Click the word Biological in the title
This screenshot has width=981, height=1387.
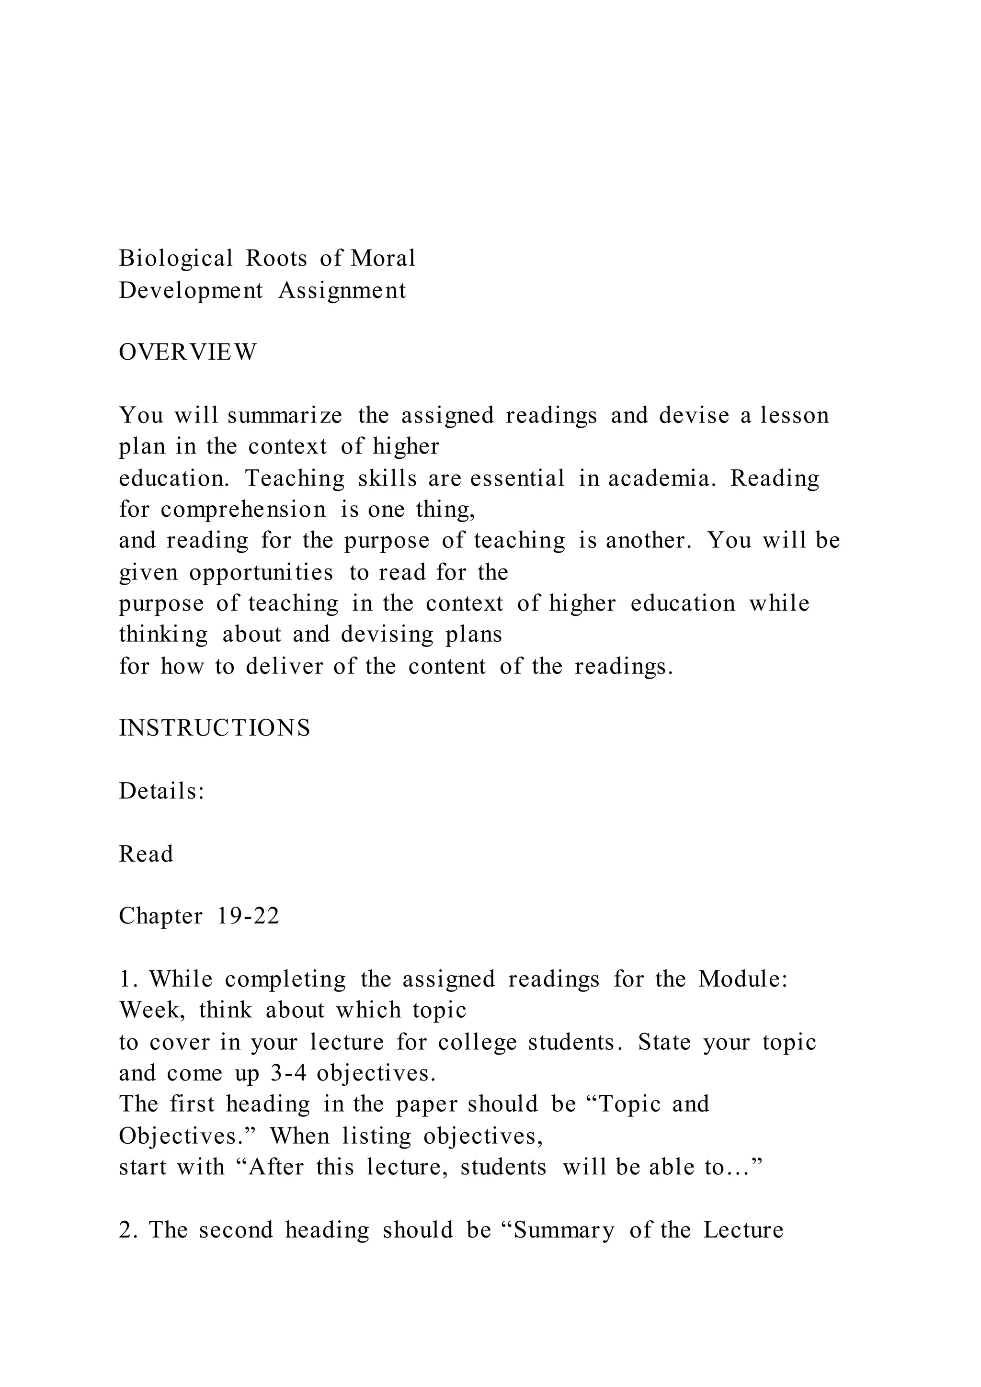click(x=176, y=259)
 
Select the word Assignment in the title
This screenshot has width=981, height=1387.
click(x=342, y=291)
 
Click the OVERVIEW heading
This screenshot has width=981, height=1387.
click(x=188, y=352)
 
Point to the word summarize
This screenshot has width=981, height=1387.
click(x=285, y=416)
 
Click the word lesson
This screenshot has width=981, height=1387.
click(x=795, y=416)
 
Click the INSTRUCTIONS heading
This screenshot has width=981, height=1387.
click(x=215, y=728)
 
